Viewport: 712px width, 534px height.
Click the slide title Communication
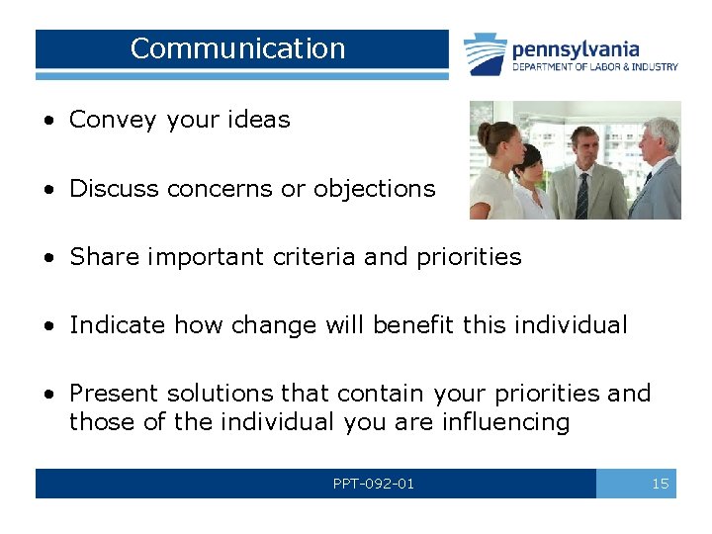pos(237,48)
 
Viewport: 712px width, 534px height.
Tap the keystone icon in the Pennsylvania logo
pos(486,53)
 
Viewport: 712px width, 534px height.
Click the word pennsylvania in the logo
pos(576,48)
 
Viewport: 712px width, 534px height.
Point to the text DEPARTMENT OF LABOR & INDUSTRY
pos(594,67)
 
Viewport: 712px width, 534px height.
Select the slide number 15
pos(660,484)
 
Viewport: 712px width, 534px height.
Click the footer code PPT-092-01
pos(373,484)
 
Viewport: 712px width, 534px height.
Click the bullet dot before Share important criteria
pos(48,257)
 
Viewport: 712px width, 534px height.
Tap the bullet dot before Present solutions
pos(48,394)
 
